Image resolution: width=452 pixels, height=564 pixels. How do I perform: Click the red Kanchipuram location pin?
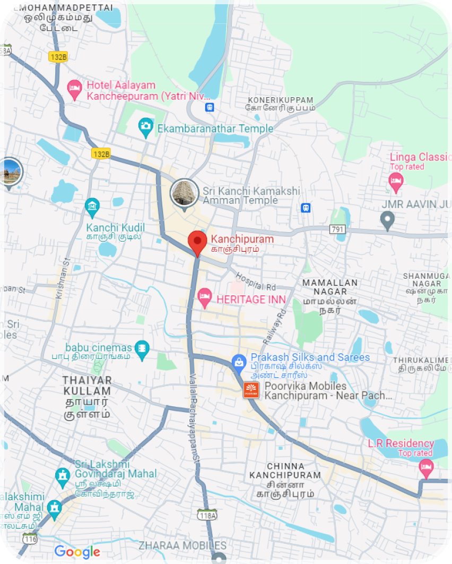(x=197, y=242)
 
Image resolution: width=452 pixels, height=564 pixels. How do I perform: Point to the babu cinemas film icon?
(x=142, y=348)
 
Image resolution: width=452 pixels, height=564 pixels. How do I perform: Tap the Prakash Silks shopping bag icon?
(x=239, y=363)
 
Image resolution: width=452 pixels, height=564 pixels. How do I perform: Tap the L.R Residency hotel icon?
(x=425, y=467)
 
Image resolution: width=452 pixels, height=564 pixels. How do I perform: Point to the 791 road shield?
(x=336, y=229)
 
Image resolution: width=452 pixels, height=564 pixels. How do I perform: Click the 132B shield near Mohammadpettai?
(x=58, y=57)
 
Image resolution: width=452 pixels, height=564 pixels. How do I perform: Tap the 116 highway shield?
(x=30, y=539)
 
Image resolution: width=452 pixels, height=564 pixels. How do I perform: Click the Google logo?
(x=77, y=552)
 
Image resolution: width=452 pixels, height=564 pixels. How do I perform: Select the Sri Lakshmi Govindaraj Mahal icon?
(x=63, y=475)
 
